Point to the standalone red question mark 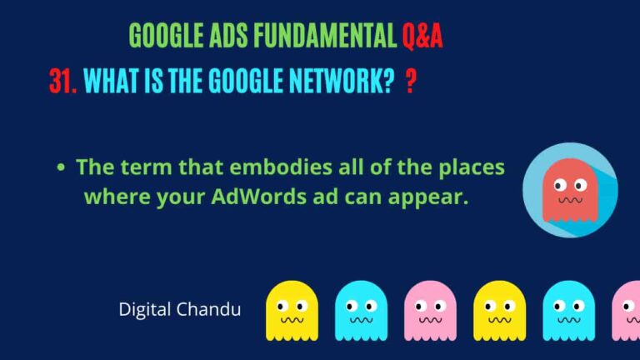pyautogui.click(x=410, y=82)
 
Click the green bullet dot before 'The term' pyautogui.click(x=61, y=168)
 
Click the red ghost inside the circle pyautogui.click(x=570, y=188)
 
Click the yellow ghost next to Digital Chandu pyautogui.click(x=292, y=310)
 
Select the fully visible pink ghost pyautogui.click(x=430, y=310)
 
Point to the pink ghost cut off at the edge pyautogui.click(x=627, y=310)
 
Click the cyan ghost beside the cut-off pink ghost pyautogui.click(x=568, y=310)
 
